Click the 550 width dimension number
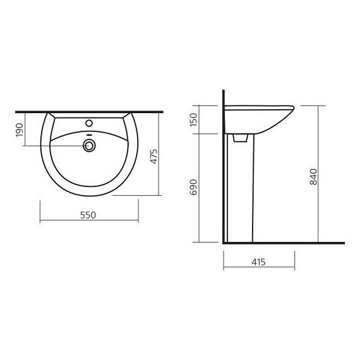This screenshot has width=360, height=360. pos(88,215)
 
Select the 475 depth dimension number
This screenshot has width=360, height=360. pos(154,157)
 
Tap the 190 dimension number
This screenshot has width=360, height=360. pos(20,130)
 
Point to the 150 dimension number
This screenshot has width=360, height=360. pos(193,119)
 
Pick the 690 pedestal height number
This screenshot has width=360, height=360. pos(193,188)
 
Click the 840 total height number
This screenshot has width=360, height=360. pos(313,177)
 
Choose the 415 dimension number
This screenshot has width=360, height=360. pos(258,262)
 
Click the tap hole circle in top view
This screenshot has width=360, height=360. pos(89,123)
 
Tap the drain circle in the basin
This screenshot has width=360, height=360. pos(89,145)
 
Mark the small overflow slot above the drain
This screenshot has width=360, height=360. pos(89,135)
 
